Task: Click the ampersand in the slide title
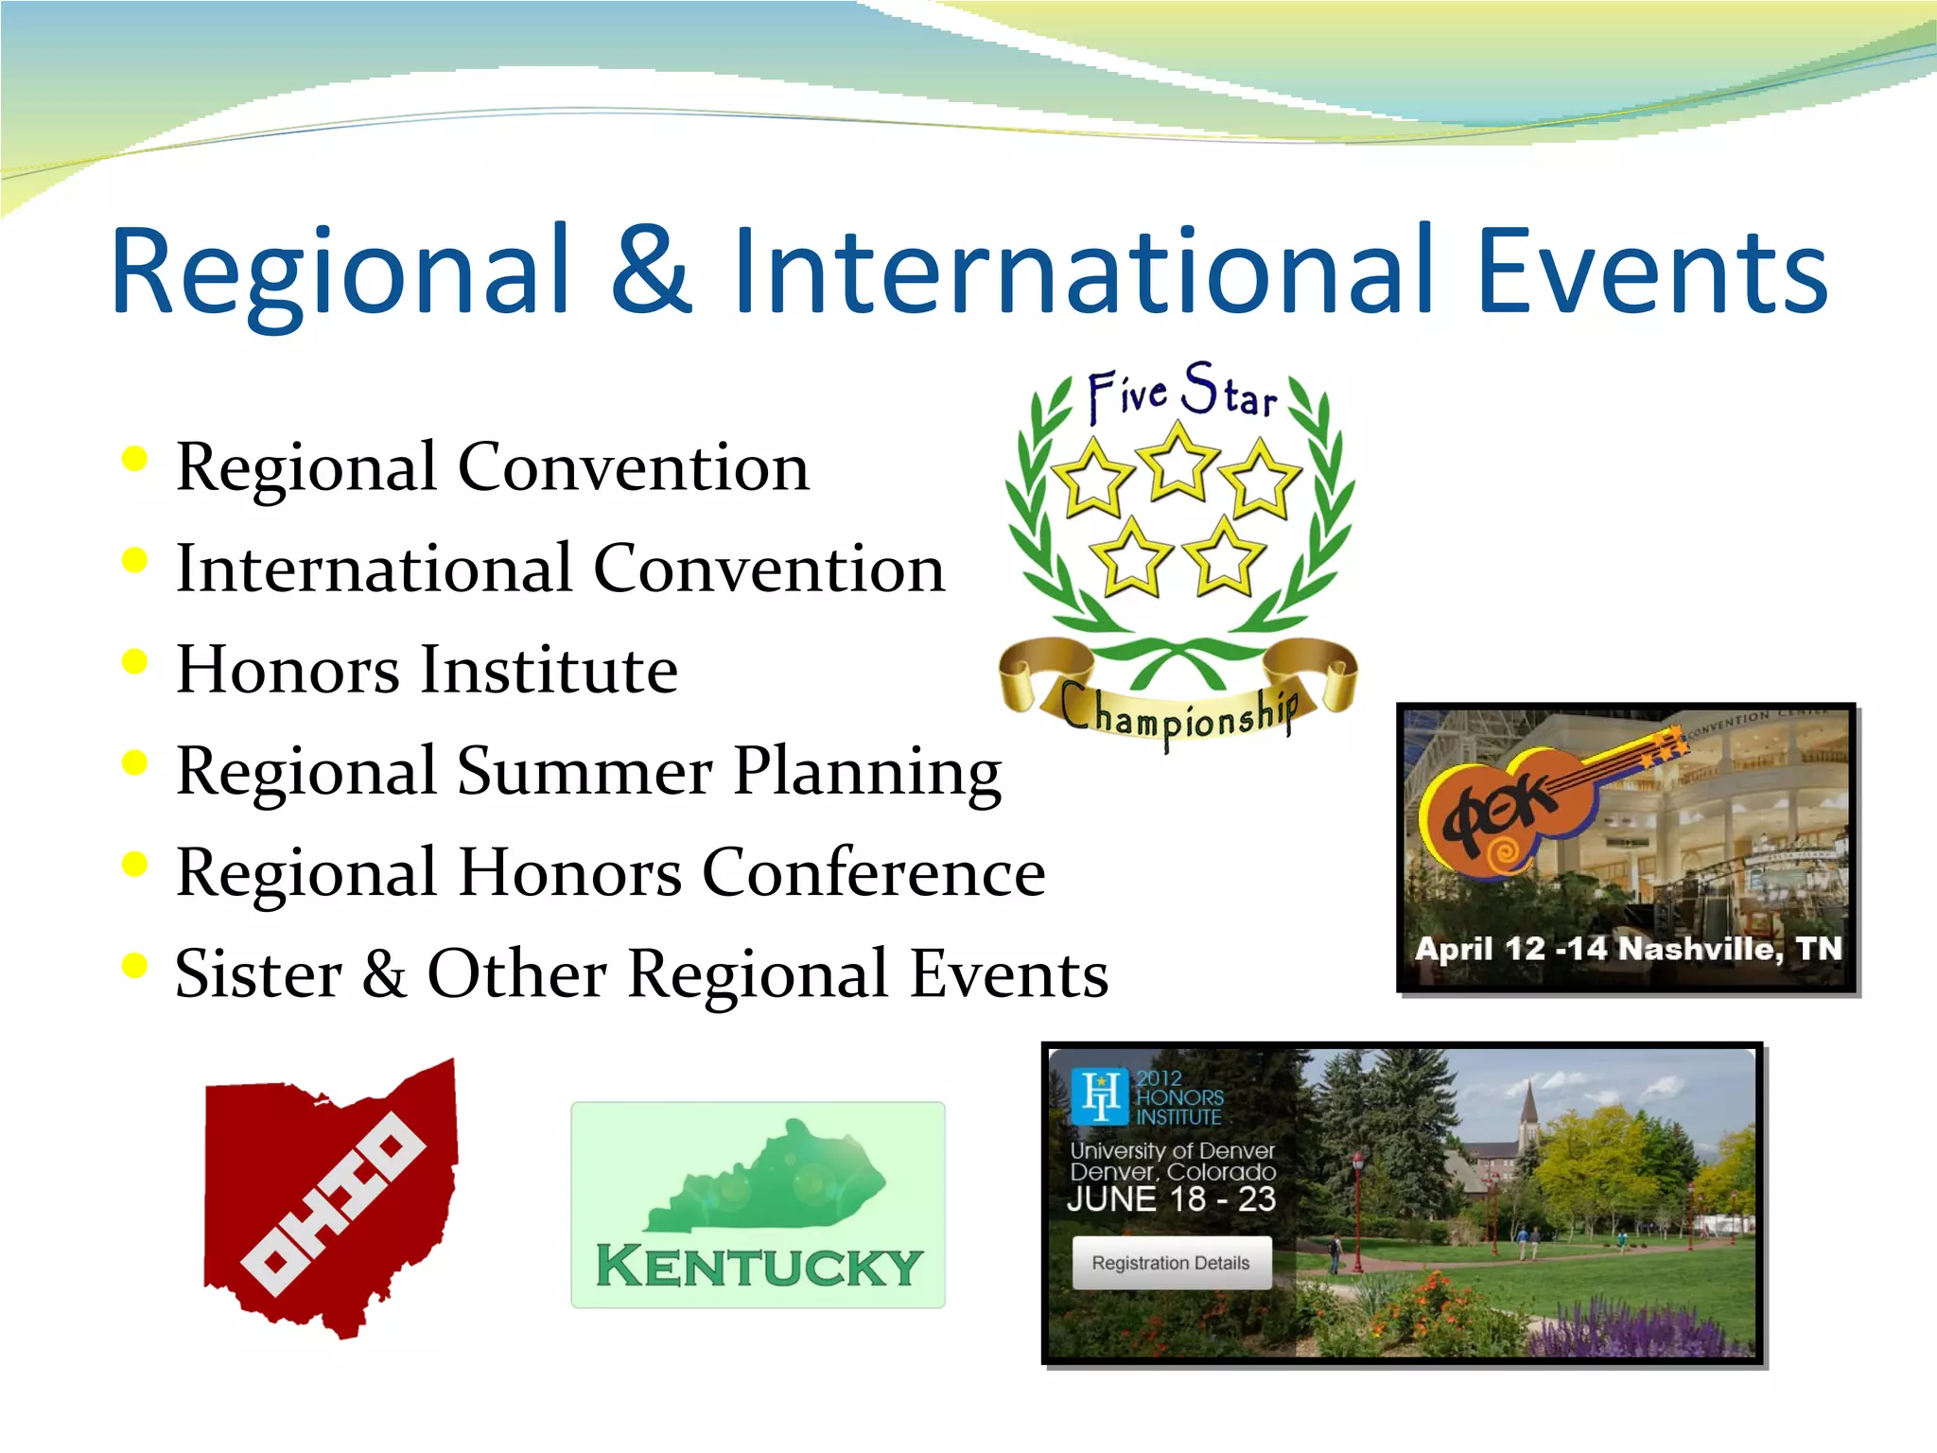coord(652,271)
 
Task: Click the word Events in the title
coord(1650,271)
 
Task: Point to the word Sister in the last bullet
coord(258,974)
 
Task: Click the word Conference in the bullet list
coord(873,872)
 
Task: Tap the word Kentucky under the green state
coord(759,1267)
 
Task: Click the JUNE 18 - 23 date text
coord(1171,1199)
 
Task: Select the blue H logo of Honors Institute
coord(1100,1096)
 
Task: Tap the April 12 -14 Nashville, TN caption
coord(1627,949)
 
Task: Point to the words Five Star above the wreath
coord(1182,393)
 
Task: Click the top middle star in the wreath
coord(1178,464)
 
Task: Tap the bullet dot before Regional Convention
coord(135,459)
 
